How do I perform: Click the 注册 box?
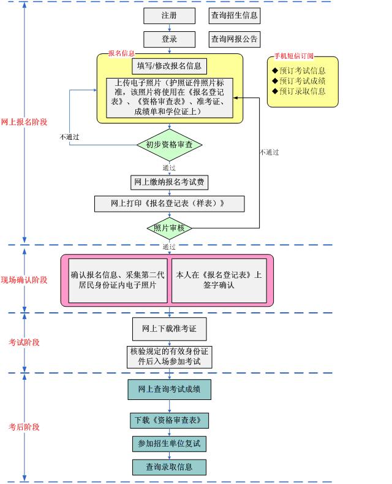click(169, 15)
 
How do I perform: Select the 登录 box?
click(169, 39)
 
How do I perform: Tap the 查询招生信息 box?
click(235, 15)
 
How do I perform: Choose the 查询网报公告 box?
click(235, 39)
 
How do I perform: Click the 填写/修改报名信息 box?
click(169, 66)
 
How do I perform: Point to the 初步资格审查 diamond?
click(170, 145)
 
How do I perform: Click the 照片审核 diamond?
click(170, 228)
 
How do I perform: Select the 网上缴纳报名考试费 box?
click(169, 182)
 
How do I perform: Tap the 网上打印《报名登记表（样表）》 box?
click(169, 204)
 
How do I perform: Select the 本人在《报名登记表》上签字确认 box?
click(219, 280)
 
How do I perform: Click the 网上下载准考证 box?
click(169, 329)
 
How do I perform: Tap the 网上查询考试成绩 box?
click(169, 390)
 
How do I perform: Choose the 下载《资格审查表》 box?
click(169, 421)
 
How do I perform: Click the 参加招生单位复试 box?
click(169, 444)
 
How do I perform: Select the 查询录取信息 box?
click(169, 467)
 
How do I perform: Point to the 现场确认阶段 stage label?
click(24, 280)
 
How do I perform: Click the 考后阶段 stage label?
click(24, 427)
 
